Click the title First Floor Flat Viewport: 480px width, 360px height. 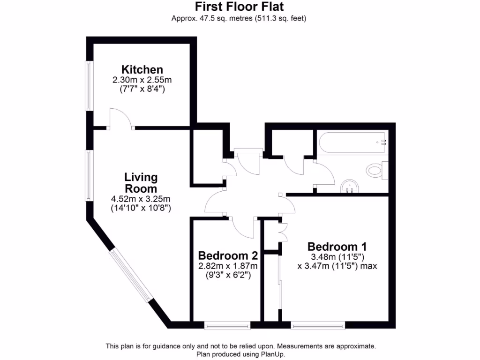239,7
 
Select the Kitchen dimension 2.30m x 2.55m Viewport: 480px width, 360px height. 142,80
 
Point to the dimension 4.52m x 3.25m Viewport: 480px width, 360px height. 141,198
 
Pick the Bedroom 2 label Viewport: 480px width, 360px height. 228,256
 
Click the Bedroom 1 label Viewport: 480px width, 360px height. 337,247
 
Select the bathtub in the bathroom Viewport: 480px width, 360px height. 352,141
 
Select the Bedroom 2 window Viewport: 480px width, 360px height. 227,324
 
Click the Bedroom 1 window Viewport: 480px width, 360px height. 318,324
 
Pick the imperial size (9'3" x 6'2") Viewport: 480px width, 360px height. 228,276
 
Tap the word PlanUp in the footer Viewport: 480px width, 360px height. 272,354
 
